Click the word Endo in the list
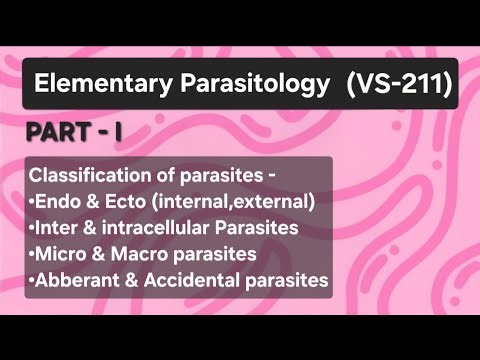click(x=61, y=203)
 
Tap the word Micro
click(x=62, y=255)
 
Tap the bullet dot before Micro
click(x=32, y=256)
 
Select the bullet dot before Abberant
click(x=32, y=282)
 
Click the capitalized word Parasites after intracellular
click(x=262, y=229)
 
